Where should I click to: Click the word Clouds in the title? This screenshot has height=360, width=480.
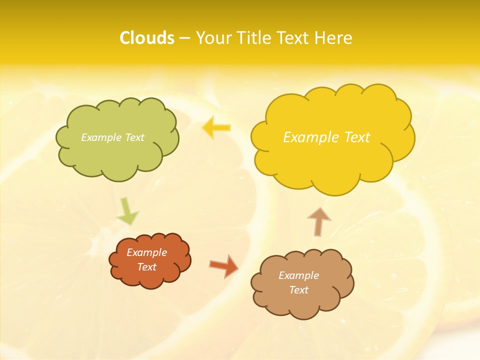147,38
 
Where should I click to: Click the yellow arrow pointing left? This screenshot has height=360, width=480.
216,127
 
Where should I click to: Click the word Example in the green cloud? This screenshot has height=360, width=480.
100,137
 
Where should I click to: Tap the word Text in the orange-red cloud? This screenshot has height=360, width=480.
147,267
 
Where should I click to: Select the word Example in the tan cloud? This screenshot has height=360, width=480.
298,275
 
